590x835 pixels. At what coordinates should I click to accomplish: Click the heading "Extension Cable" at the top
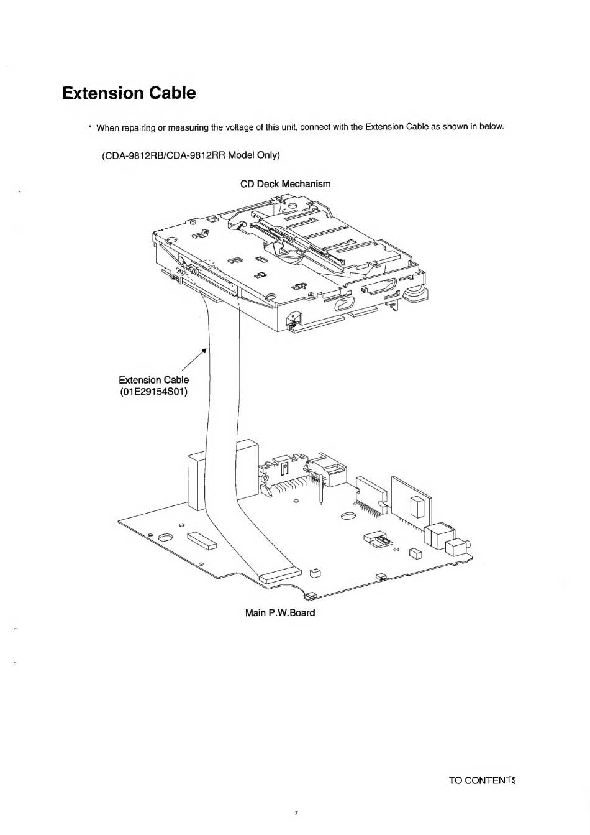click(129, 93)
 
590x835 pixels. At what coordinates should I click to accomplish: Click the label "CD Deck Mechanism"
click(285, 184)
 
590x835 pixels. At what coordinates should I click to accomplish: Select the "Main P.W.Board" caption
click(279, 613)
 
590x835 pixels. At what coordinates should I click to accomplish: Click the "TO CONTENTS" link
click(483, 780)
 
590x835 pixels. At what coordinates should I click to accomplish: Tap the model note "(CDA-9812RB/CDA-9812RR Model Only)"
click(191, 154)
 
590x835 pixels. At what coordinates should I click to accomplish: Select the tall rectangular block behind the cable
click(195, 482)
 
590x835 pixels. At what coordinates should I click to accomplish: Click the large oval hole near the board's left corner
click(166, 537)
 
